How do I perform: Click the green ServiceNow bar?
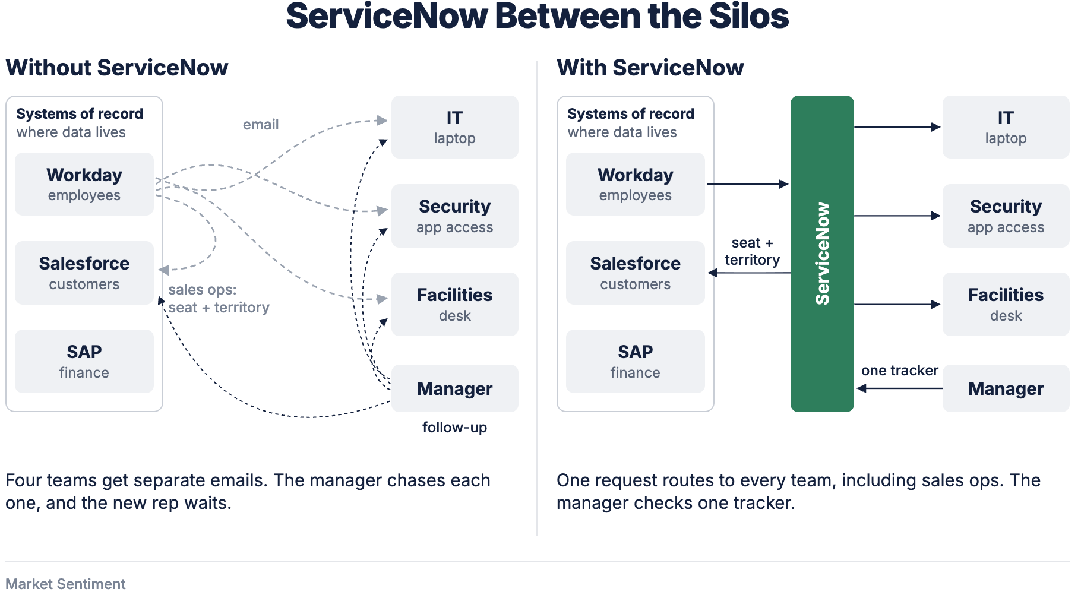[822, 254]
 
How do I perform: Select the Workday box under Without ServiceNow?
[84, 184]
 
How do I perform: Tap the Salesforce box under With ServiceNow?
[636, 273]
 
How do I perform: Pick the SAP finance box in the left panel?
[84, 361]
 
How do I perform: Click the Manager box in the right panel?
[1006, 388]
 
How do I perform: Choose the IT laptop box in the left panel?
[455, 127]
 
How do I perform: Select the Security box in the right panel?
[1006, 216]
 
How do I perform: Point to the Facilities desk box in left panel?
[455, 304]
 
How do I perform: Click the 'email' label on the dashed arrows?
[261, 125]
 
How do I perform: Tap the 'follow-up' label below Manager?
[455, 428]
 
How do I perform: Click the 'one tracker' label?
[900, 371]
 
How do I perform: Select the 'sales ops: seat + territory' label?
[219, 299]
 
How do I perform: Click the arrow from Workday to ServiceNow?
[748, 184]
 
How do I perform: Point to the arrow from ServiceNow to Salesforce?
[749, 273]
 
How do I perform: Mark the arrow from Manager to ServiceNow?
[899, 388]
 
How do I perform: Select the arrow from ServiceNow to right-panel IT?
[897, 127]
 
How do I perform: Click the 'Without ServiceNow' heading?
[117, 68]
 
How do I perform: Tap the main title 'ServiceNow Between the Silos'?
[538, 16]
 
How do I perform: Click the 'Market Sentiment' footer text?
[65, 584]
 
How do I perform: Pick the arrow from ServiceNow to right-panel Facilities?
[897, 304]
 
